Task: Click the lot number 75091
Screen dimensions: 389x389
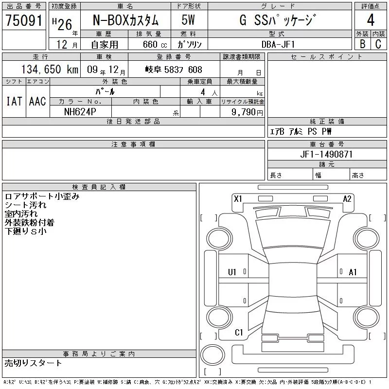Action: pos(24,20)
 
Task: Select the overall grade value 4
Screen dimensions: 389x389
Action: pos(371,20)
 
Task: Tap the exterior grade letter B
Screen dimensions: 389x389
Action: pos(362,44)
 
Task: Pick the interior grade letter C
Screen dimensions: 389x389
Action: pos(378,44)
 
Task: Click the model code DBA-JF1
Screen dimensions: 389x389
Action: pos(278,44)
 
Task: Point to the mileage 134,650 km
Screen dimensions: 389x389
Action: pos(50,69)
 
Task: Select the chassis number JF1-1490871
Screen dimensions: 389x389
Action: pos(326,154)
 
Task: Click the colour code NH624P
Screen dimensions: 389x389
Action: pos(80,112)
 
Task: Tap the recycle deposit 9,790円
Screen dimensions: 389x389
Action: pos(247,112)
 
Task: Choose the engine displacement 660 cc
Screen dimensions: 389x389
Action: pos(155,44)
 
